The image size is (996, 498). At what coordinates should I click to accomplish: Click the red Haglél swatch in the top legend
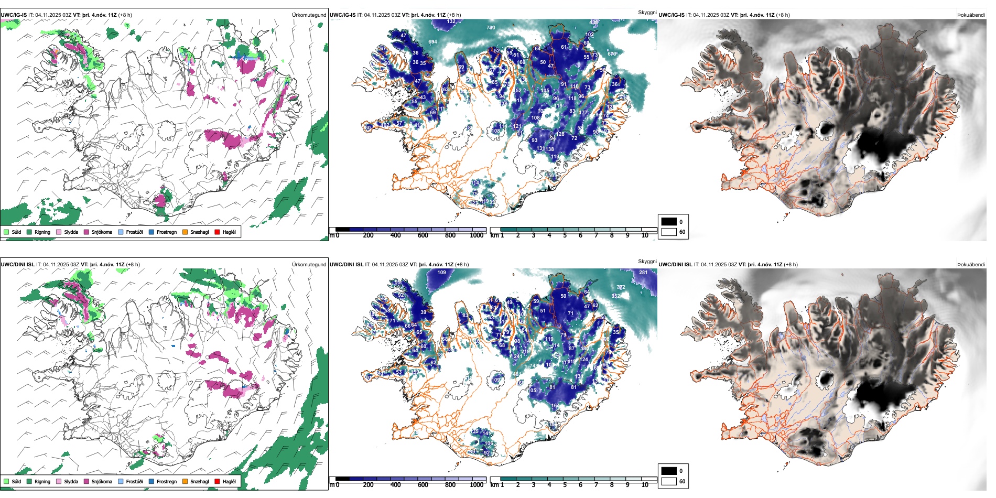click(x=217, y=232)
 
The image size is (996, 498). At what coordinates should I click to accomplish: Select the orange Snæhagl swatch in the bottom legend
click(x=185, y=481)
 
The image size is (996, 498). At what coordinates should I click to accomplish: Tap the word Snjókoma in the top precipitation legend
click(x=102, y=232)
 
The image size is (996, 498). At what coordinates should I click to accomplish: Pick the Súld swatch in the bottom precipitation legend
click(x=6, y=481)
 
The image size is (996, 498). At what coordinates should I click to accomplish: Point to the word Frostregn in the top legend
click(x=167, y=232)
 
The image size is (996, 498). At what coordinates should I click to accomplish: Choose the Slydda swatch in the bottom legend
click(x=59, y=481)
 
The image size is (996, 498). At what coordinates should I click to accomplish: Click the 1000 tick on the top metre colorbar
click(x=477, y=235)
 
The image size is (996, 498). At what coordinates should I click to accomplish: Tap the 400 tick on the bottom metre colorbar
click(x=395, y=485)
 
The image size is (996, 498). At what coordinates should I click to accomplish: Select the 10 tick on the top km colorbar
click(x=645, y=235)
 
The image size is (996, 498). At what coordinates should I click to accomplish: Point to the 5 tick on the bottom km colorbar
click(x=565, y=485)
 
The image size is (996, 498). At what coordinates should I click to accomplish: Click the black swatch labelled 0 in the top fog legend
click(x=669, y=222)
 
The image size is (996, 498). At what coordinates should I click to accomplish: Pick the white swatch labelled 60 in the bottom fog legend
click(x=669, y=481)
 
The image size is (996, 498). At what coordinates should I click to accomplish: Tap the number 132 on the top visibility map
click(x=451, y=21)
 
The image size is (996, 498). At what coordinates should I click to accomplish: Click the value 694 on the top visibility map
click(x=432, y=42)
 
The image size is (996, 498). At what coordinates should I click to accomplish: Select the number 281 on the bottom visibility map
click(x=643, y=273)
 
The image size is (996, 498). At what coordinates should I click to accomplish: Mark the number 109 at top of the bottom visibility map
click(x=442, y=273)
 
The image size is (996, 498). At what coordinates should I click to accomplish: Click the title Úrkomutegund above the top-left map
click(x=309, y=15)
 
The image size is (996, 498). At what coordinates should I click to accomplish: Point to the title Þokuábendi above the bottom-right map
click(x=971, y=265)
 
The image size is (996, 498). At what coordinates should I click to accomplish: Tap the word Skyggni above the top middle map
click(x=647, y=12)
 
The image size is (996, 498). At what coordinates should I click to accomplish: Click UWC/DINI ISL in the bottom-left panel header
click(x=17, y=265)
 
